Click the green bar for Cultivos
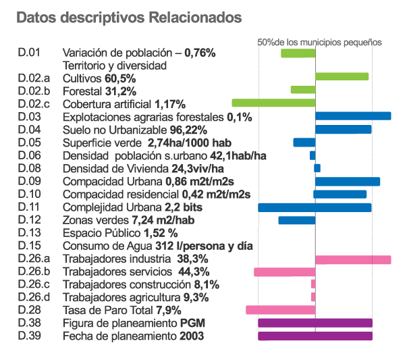(x=342, y=76)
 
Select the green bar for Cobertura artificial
(x=273, y=103)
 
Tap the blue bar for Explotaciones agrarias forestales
(x=353, y=115)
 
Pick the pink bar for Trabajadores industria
(x=353, y=259)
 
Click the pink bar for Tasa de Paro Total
(x=280, y=310)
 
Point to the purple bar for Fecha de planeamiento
(x=315, y=336)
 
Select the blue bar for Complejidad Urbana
(x=315, y=207)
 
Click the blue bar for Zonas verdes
(x=296, y=220)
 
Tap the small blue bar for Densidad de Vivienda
(x=317, y=168)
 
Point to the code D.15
(x=30, y=246)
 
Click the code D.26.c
(x=34, y=284)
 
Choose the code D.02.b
(x=34, y=91)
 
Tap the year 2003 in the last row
(x=192, y=336)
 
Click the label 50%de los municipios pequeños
(x=319, y=42)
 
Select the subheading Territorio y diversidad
(x=114, y=66)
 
